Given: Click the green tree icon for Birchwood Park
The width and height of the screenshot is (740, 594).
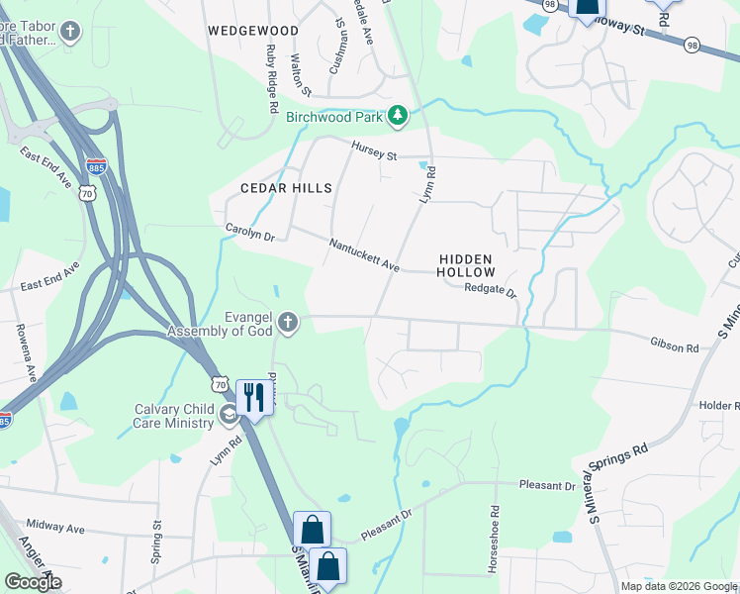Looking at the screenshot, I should pyautogui.click(x=398, y=117).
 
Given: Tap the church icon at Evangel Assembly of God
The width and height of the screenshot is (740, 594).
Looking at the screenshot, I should pyautogui.click(x=287, y=322).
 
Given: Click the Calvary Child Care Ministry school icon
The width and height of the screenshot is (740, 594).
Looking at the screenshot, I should pyautogui.click(x=228, y=414).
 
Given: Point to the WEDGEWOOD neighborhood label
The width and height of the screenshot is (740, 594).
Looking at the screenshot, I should pyautogui.click(x=253, y=31).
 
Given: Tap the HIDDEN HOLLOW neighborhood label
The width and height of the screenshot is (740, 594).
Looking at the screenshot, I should pyautogui.click(x=465, y=264).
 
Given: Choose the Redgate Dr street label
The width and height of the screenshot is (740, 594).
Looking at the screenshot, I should pyautogui.click(x=491, y=290).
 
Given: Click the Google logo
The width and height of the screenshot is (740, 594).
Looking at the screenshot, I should pyautogui.click(x=33, y=582).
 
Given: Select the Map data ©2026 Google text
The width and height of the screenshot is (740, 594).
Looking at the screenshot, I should pyautogui.click(x=679, y=586).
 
